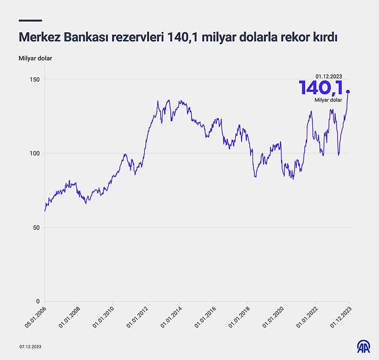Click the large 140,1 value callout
tap(322, 88)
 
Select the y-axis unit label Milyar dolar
tap(35, 58)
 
